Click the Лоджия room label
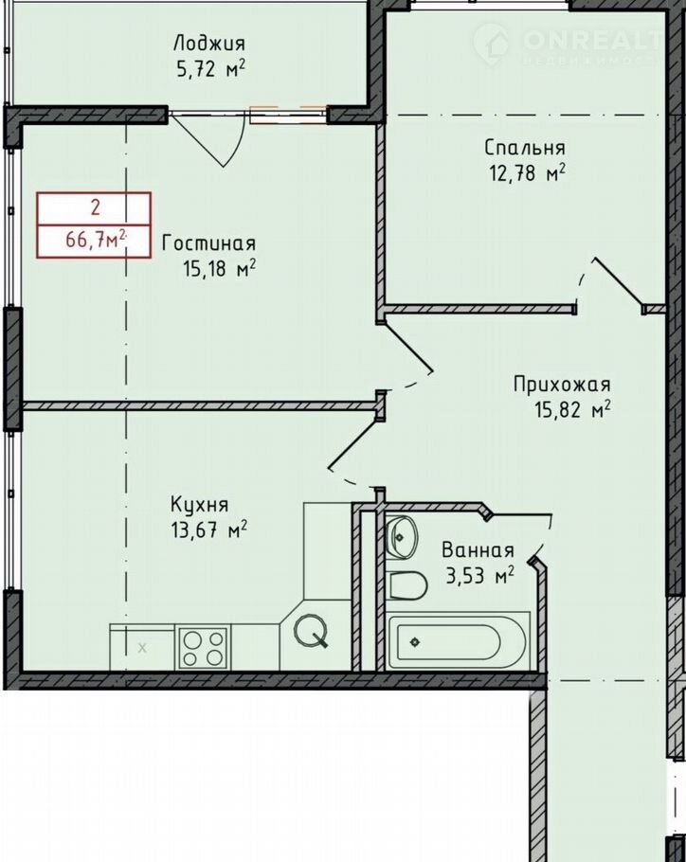point(208,44)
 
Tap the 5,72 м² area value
point(210,70)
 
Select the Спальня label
point(525,148)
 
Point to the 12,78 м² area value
point(527,173)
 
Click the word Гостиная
point(208,243)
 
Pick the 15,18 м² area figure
point(219,269)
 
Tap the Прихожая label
point(562,385)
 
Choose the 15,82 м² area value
point(572,409)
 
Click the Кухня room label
point(199,505)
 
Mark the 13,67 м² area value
point(208,530)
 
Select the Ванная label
point(478,550)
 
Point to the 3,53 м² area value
point(479,576)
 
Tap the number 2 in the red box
point(96,207)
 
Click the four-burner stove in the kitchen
point(204,648)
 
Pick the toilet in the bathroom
point(407,585)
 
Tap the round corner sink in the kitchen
point(311,630)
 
